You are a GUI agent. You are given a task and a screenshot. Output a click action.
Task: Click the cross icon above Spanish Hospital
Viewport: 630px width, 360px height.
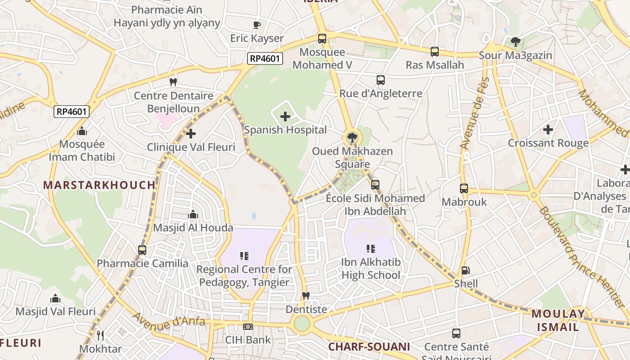285,117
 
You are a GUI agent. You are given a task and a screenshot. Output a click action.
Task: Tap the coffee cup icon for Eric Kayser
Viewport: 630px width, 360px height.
257,25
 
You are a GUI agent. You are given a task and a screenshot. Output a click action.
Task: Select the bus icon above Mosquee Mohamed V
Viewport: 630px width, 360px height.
322,39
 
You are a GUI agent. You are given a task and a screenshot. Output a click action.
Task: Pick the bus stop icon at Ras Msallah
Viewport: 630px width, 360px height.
434,52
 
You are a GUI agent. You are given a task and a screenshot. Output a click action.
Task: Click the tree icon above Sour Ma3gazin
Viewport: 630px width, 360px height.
515,42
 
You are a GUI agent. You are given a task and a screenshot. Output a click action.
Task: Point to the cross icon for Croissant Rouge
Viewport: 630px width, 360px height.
548,130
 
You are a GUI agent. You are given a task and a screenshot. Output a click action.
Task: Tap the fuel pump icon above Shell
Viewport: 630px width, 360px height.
466,270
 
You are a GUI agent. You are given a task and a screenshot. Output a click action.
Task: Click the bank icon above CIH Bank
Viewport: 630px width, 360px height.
248,327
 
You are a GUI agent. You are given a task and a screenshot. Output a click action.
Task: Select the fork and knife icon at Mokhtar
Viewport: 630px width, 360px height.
100,335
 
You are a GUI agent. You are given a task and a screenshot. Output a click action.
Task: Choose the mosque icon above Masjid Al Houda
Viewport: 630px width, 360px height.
193,214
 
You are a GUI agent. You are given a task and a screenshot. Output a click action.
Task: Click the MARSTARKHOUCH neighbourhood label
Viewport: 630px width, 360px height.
99,185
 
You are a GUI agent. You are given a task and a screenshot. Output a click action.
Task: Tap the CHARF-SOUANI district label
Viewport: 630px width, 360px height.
369,346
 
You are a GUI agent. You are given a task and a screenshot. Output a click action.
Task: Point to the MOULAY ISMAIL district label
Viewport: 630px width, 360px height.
558,320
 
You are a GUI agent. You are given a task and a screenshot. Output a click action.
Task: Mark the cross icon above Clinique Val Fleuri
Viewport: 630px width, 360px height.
191,134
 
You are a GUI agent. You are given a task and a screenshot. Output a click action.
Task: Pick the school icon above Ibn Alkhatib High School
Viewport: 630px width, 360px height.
371,249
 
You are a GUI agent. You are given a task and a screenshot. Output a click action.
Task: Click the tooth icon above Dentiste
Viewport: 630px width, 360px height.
306,296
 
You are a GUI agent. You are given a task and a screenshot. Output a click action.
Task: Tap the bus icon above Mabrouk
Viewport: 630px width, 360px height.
464,189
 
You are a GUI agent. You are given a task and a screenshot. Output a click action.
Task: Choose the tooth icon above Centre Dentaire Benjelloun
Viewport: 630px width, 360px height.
173,82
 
